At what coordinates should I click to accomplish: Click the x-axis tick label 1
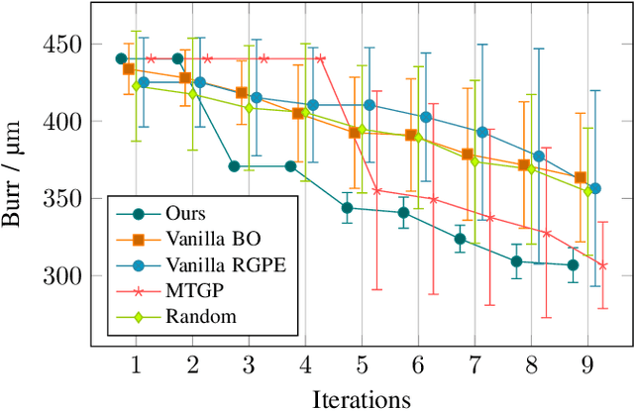pos(135,363)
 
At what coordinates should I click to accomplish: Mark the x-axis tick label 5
pos(362,363)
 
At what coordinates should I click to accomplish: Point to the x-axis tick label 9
pos(588,363)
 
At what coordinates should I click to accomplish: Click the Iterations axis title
pos(362,398)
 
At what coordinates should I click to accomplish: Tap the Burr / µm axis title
pos(20,161)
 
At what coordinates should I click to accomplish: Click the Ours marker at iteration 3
pos(234,166)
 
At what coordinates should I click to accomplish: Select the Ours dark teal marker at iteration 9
pos(573,264)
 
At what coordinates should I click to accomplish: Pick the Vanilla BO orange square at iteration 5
pos(354,133)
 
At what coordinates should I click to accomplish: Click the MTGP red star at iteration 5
pos(376,190)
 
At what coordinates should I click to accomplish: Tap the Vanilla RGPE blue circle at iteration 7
pos(482,132)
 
